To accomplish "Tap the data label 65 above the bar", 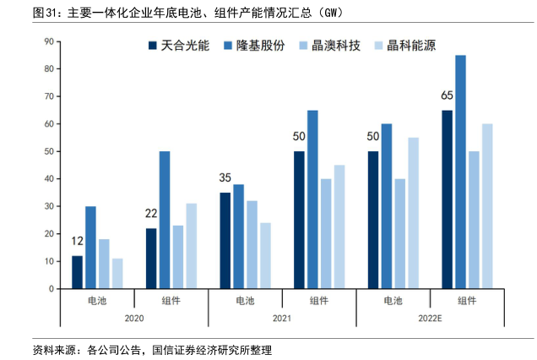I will [x=447, y=96].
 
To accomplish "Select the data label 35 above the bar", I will [x=225, y=179].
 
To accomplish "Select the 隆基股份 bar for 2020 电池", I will [x=90, y=248].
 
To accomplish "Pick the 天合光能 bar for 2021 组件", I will [x=299, y=220].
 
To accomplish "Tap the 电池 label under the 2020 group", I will [x=97, y=300].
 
